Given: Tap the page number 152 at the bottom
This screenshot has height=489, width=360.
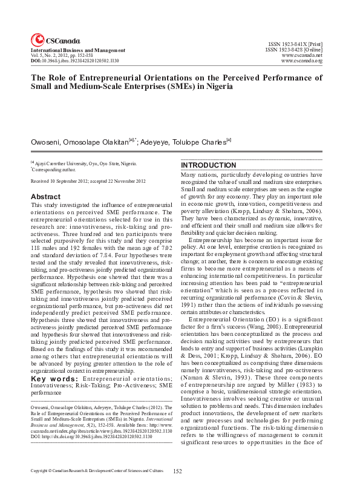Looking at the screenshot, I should pos(178,471).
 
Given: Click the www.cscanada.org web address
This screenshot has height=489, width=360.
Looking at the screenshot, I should pos(302,62).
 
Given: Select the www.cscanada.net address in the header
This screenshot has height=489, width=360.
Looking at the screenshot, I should pos(302,56).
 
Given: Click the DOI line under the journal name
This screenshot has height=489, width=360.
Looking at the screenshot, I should pos(74,62).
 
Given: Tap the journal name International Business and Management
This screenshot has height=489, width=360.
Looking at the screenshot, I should pos(78,50).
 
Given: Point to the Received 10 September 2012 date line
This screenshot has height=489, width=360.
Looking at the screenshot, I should pos(88,182).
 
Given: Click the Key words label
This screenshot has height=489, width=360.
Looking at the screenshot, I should pos(53,362).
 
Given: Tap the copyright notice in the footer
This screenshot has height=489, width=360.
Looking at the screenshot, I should pos(97,470).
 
